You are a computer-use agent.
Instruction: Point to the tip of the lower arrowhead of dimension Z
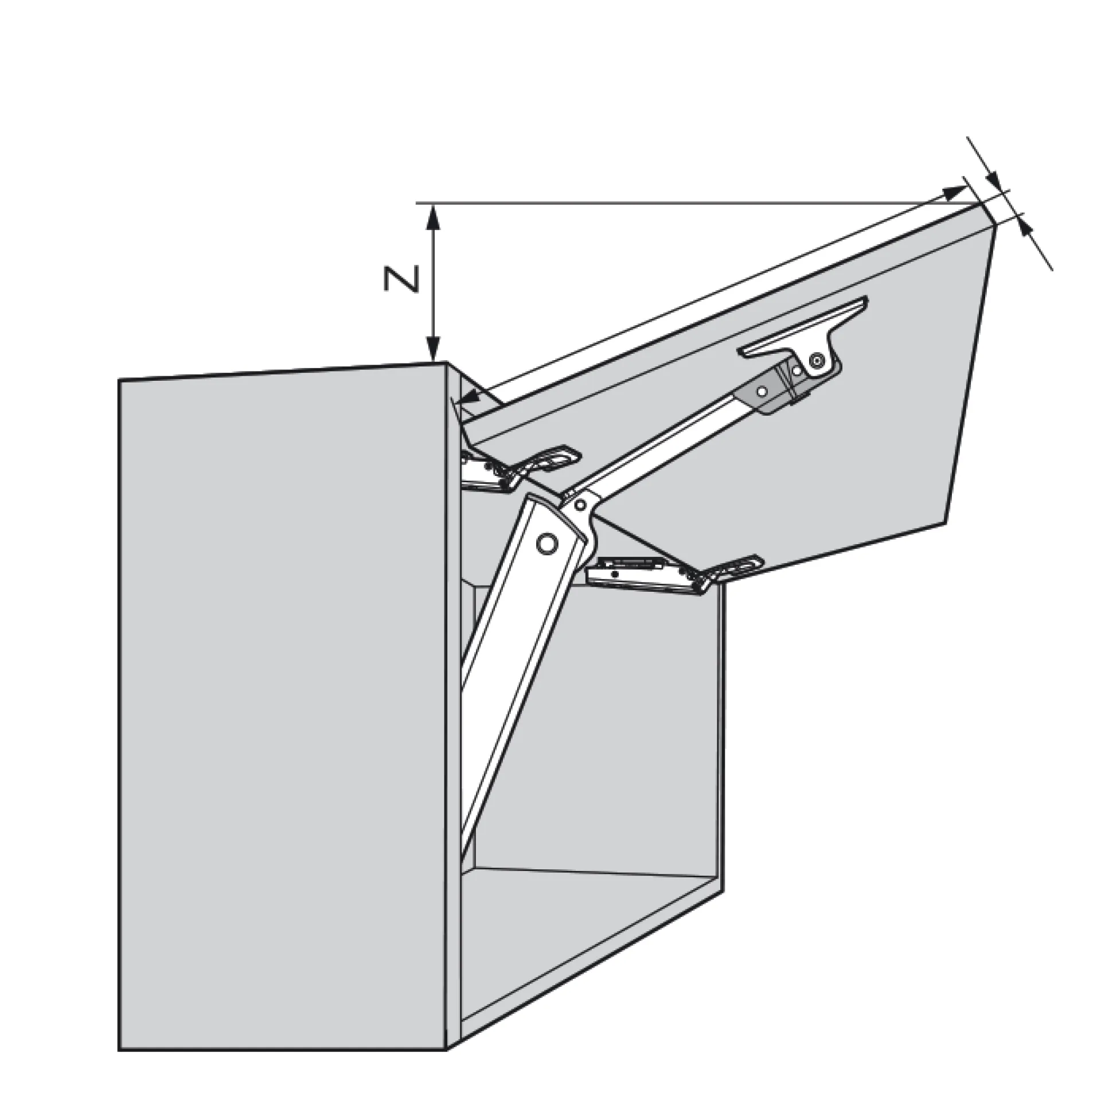coord(434,361)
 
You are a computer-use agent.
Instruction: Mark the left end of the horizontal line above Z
coord(416,202)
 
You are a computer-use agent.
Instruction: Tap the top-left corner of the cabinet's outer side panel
coord(119,379)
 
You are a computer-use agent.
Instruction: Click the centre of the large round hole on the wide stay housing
coord(548,542)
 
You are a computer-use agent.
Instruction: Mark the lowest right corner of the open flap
coord(944,523)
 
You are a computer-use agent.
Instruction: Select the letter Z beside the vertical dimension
coord(401,279)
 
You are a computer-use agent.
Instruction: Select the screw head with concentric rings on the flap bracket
coord(816,360)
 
